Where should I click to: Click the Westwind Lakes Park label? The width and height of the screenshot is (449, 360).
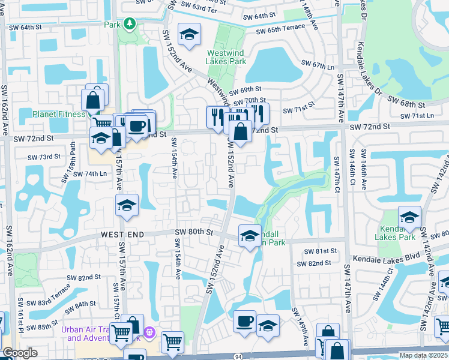pyautogui.click(x=226, y=56)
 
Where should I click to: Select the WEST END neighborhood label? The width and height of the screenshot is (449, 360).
pyautogui.click(x=122, y=234)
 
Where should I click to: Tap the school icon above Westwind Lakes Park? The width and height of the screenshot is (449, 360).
pyautogui.click(x=189, y=35)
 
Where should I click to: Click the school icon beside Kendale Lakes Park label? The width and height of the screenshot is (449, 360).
pyautogui.click(x=410, y=218)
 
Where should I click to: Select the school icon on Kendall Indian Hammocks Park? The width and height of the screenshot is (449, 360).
pyautogui.click(x=250, y=235)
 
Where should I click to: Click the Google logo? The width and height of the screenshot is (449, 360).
pyautogui.click(x=20, y=353)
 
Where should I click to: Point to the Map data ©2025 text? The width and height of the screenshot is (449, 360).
pyautogui.click(x=423, y=355)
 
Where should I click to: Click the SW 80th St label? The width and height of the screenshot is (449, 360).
pyautogui.click(x=194, y=232)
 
